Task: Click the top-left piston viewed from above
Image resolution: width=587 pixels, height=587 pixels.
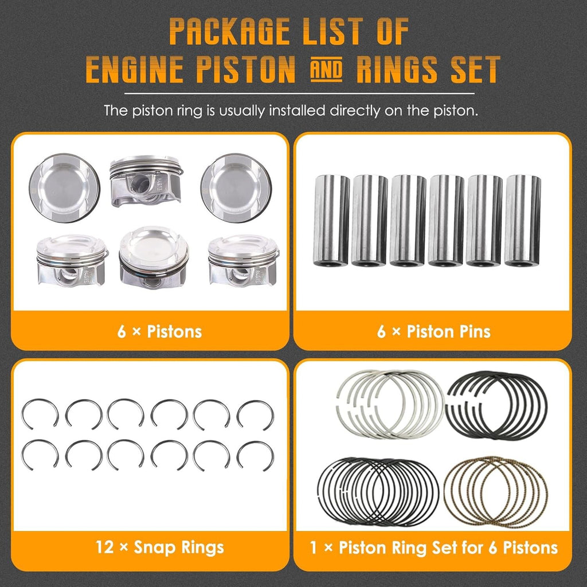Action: point(64,187)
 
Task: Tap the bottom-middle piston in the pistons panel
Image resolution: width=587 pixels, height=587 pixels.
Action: point(153,257)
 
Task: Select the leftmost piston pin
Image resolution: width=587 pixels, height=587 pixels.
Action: point(331,221)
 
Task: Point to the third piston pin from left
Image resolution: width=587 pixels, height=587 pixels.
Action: point(408,221)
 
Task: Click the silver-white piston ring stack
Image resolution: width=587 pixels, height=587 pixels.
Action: point(389,404)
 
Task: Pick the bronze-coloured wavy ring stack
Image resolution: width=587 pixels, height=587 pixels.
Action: point(496,492)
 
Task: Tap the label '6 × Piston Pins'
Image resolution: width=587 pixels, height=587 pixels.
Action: point(433,331)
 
